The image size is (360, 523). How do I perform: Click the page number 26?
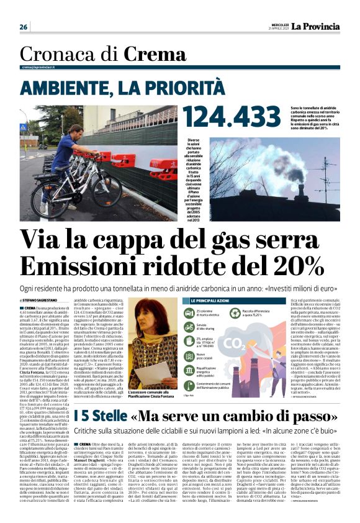[23, 27]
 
